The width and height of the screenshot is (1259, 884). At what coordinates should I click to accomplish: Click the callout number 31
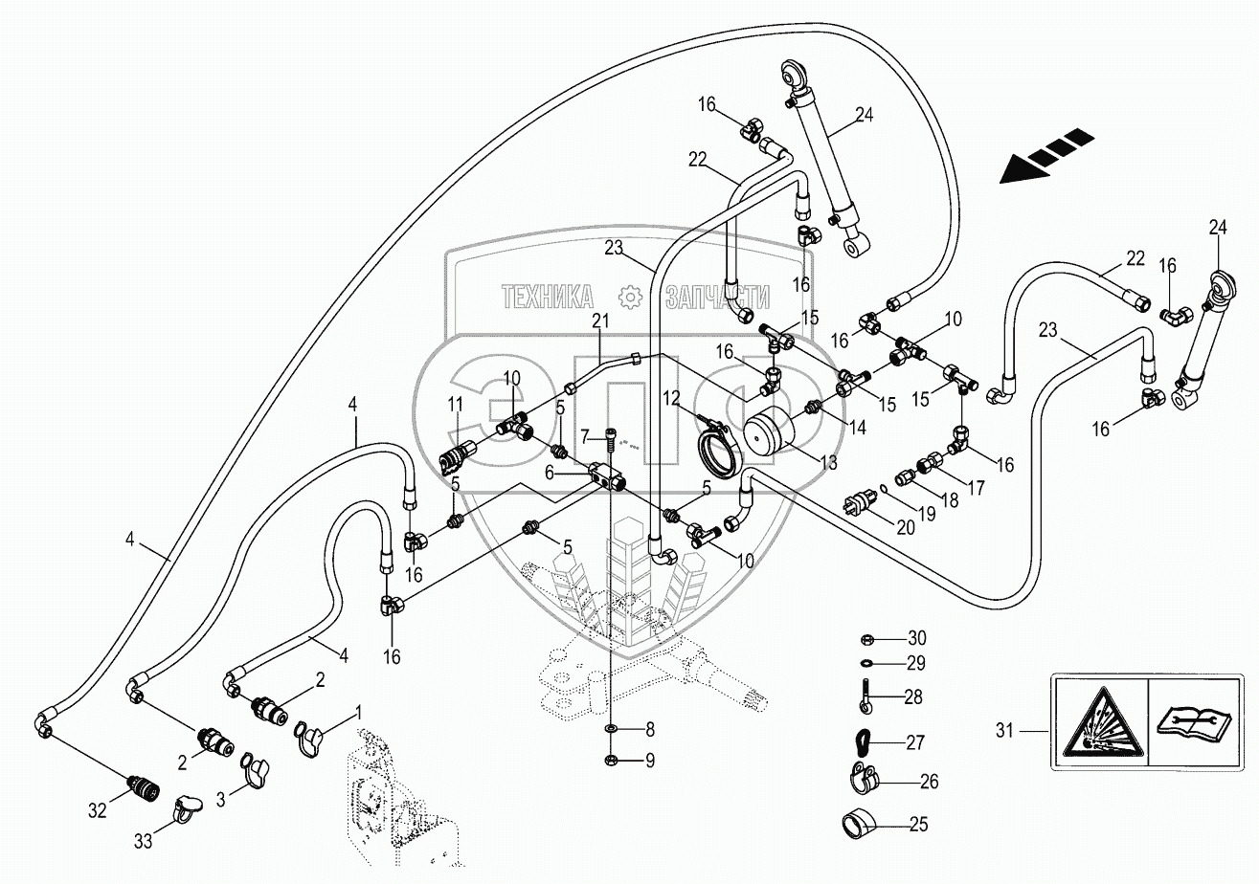point(1004,731)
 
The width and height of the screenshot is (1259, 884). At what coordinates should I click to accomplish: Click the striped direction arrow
point(1048,156)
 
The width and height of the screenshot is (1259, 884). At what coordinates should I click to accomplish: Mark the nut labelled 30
point(862,638)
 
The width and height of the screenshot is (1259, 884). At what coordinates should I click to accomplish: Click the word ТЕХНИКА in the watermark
point(550,298)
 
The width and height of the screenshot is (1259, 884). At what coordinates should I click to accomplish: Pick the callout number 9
point(649,761)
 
